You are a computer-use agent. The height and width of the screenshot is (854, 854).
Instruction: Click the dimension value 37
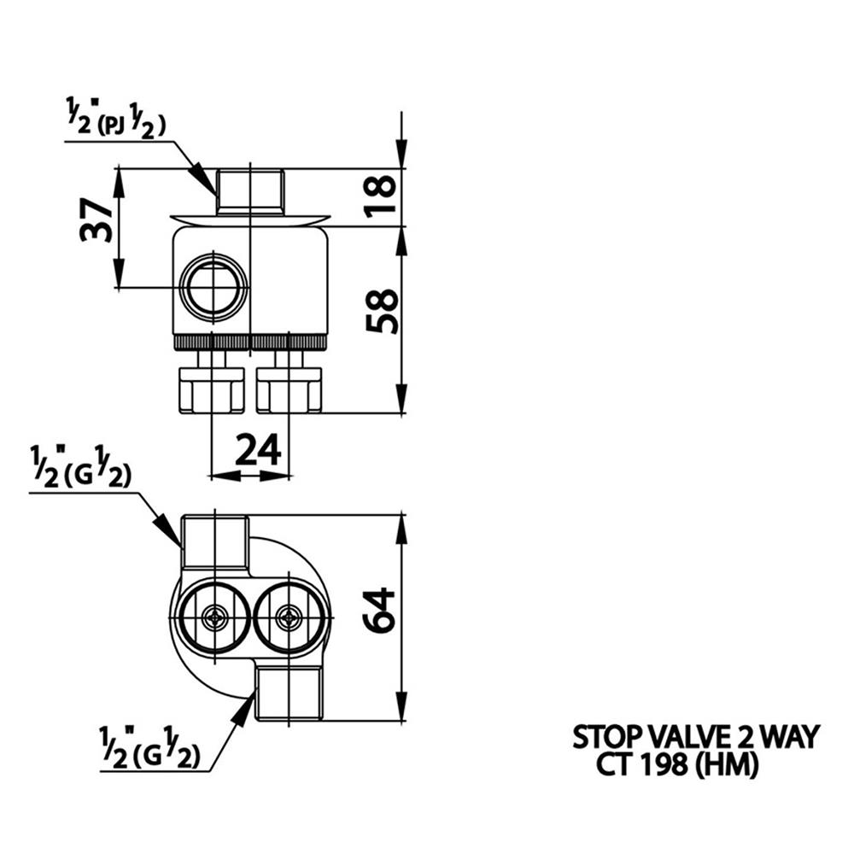97,220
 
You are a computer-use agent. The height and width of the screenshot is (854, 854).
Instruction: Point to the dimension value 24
257,449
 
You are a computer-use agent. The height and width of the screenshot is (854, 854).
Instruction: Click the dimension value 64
380,609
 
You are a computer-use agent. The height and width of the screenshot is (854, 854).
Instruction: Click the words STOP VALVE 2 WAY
696,735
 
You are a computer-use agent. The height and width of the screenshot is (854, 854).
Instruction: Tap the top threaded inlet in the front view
249,190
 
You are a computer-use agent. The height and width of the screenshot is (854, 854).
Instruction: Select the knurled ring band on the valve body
249,342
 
